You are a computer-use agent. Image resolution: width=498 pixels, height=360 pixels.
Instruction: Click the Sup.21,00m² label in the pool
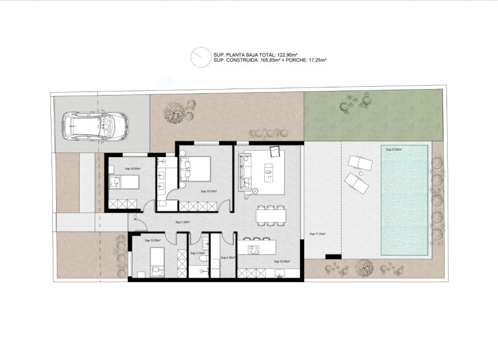pyautogui.click(x=393, y=150)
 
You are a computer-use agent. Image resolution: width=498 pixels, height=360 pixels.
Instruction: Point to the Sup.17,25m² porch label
pyautogui.click(x=317, y=233)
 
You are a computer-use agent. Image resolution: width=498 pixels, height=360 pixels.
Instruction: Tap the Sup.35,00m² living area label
pyautogui.click(x=282, y=262)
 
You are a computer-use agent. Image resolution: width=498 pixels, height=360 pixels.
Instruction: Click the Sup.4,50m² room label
pyautogui.click(x=228, y=257)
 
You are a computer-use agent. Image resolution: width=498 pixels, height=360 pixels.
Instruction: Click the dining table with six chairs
pyautogui.click(x=271, y=215)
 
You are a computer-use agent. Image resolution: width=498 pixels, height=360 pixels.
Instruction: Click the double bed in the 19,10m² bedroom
pyautogui.click(x=197, y=168)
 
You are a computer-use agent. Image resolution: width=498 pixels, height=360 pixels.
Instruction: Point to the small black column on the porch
pyautogui.click(x=333, y=257)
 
